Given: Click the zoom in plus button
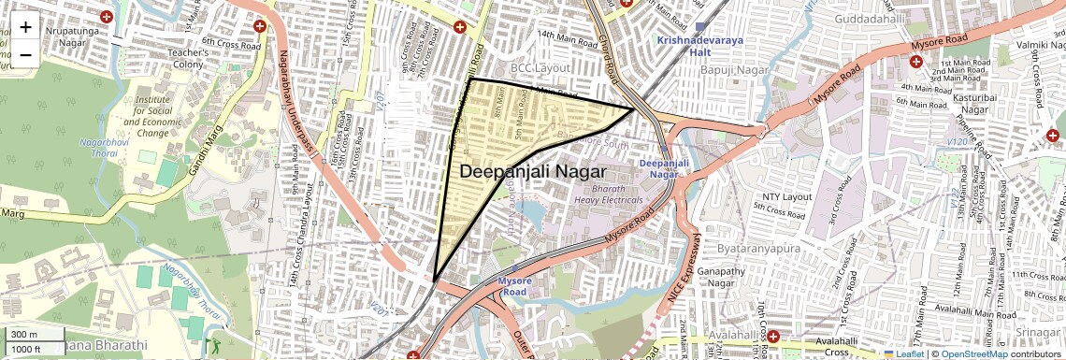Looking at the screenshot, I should click(25, 26).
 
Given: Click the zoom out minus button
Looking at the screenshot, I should click(25, 54).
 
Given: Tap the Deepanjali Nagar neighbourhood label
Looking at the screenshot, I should click(533, 172).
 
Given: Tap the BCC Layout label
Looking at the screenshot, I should click(540, 68).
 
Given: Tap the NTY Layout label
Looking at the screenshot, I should click(786, 197).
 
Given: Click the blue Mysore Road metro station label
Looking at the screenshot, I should click(514, 286).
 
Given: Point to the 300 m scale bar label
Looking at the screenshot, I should click(24, 334).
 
